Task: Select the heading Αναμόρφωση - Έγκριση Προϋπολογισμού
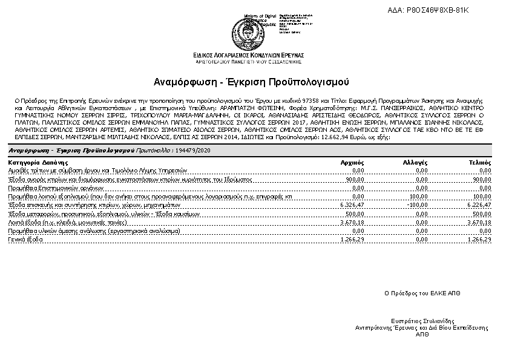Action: pos(252,82)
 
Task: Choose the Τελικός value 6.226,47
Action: pos(479,205)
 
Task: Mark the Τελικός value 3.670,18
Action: pos(479,222)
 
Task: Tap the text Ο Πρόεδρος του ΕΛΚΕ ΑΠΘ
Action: pos(422,292)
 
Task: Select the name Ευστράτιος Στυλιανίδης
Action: pos(422,321)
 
